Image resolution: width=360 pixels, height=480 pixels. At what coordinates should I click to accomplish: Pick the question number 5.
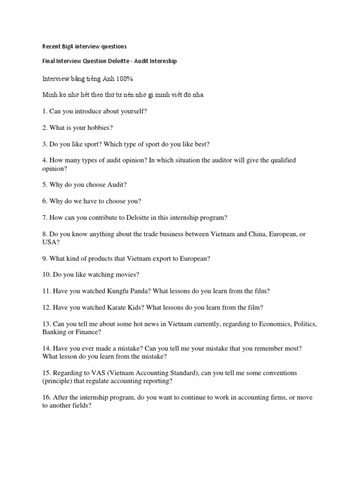[x=45, y=185]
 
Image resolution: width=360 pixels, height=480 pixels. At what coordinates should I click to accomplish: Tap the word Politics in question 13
[x=305, y=324]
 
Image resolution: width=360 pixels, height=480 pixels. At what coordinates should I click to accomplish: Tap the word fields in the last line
[x=81, y=406]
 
